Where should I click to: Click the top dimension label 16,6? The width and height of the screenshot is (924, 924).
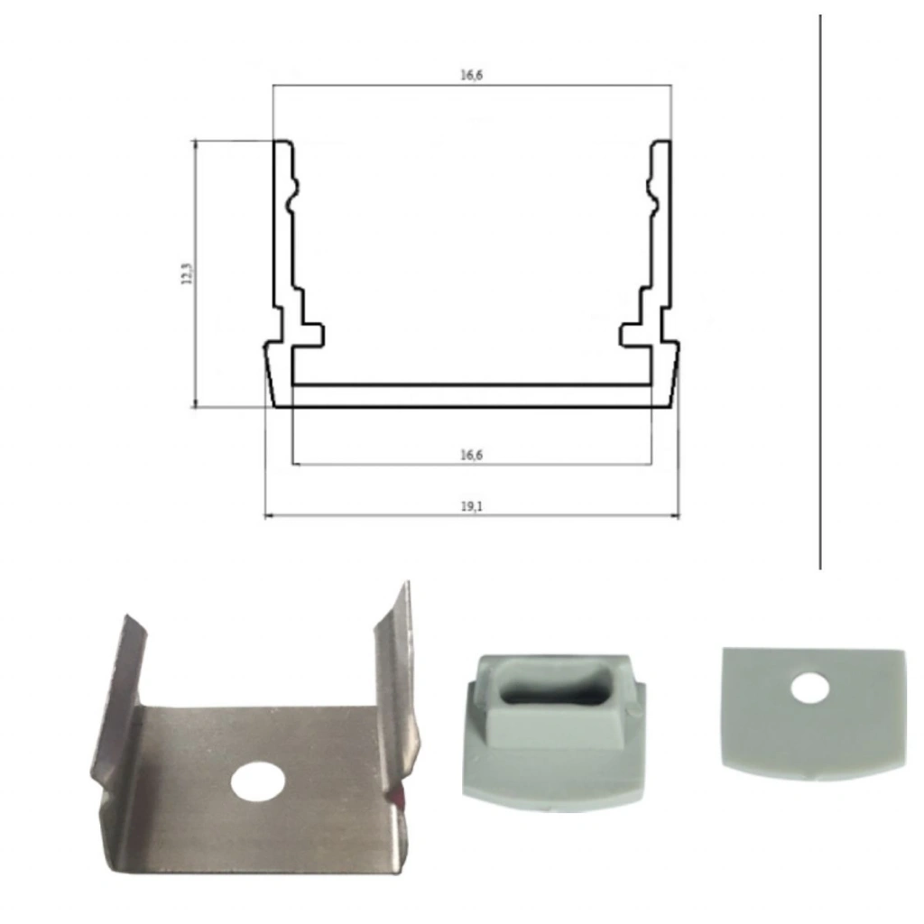click(x=471, y=75)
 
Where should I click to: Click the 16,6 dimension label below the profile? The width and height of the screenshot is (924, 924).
click(x=471, y=455)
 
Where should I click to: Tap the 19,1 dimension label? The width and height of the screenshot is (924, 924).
click(x=471, y=506)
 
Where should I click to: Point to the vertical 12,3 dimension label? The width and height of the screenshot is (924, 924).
click(x=186, y=274)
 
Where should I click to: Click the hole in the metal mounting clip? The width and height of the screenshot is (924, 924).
click(x=258, y=782)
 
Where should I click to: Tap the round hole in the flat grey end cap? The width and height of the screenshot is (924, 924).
click(x=809, y=688)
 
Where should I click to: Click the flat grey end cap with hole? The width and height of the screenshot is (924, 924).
click(x=813, y=713)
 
